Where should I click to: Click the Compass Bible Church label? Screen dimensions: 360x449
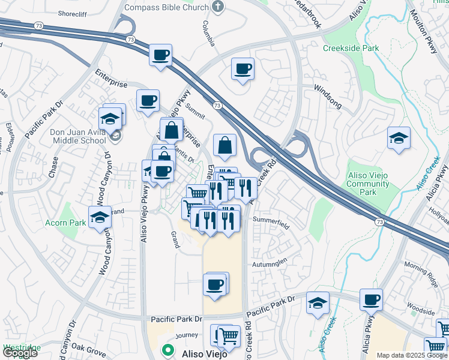pos(166,7)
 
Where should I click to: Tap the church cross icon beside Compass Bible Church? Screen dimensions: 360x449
pos(217,7)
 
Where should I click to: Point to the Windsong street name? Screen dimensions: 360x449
pos(328,96)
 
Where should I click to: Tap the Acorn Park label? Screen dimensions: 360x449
pos(65,222)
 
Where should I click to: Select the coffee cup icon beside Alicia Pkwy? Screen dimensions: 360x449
pos(371,299)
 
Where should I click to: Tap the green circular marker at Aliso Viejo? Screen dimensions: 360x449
pos(168,349)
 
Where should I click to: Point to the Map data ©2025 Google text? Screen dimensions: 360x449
pos(412,355)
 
